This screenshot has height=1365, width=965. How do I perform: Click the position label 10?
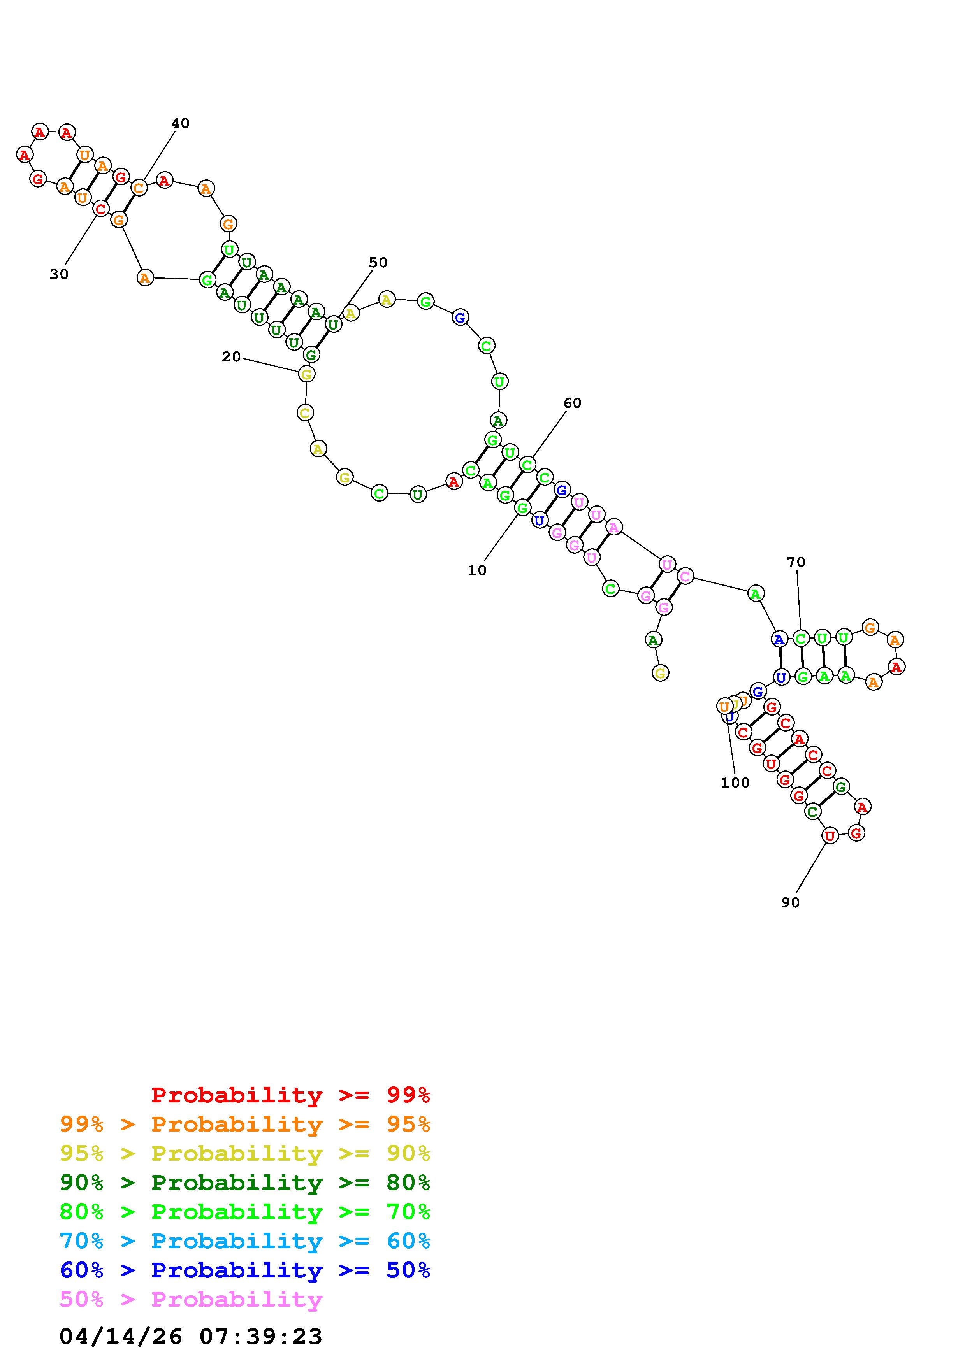pyautogui.click(x=477, y=570)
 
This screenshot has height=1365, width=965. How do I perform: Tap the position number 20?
pyautogui.click(x=231, y=357)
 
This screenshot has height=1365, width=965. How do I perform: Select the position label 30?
pyautogui.click(x=59, y=274)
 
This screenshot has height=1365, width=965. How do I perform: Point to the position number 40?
pyautogui.click(x=180, y=123)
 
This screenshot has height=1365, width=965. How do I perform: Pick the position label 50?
pyautogui.click(x=378, y=262)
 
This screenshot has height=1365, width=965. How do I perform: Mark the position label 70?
pyautogui.click(x=796, y=562)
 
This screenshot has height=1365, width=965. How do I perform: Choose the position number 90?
pyautogui.click(x=790, y=902)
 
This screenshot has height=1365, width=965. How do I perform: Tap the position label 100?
pyautogui.click(x=735, y=783)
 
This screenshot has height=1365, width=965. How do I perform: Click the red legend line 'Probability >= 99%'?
pyautogui.click(x=291, y=1095)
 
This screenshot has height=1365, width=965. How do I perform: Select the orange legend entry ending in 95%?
pyautogui.click(x=245, y=1124)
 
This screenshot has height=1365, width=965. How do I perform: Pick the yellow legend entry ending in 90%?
pyautogui.click(x=245, y=1153)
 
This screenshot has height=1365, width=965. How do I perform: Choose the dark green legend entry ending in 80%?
pyautogui.click(x=245, y=1183)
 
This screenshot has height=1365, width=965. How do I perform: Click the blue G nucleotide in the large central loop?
pyautogui.click(x=460, y=318)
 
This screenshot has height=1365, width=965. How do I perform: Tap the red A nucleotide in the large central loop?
pyautogui.click(x=453, y=482)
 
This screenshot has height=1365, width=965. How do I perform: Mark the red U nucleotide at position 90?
pyautogui.click(x=830, y=836)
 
